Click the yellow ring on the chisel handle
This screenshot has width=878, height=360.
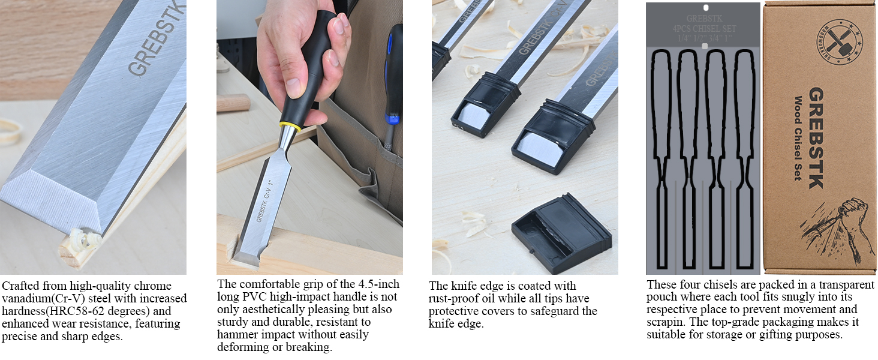(x=288, y=128)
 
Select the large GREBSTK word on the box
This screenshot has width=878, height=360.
(x=816, y=138)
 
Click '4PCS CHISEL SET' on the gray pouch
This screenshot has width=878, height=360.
(x=704, y=29)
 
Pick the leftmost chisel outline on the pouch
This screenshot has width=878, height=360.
(x=663, y=156)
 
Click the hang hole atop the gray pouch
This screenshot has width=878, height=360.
(x=705, y=8)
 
